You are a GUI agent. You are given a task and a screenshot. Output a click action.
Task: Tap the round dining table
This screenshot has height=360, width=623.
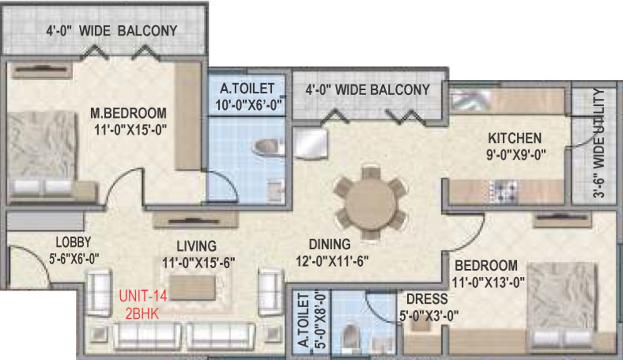tap(370, 203)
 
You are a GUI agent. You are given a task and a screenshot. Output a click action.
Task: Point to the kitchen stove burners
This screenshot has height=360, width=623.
tap(503, 189)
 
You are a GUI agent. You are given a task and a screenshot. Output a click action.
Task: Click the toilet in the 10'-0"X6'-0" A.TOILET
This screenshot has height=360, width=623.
tap(268, 147)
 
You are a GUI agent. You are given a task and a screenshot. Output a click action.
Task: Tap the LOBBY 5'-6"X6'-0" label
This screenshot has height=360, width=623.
tap(73, 250)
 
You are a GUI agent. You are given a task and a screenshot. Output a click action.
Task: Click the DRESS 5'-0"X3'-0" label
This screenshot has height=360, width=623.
tap(427, 307)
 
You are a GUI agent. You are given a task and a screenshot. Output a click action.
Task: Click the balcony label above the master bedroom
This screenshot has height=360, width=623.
tap(112, 31)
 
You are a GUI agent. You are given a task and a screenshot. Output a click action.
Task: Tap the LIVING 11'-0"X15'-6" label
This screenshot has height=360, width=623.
tap(198, 253)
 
